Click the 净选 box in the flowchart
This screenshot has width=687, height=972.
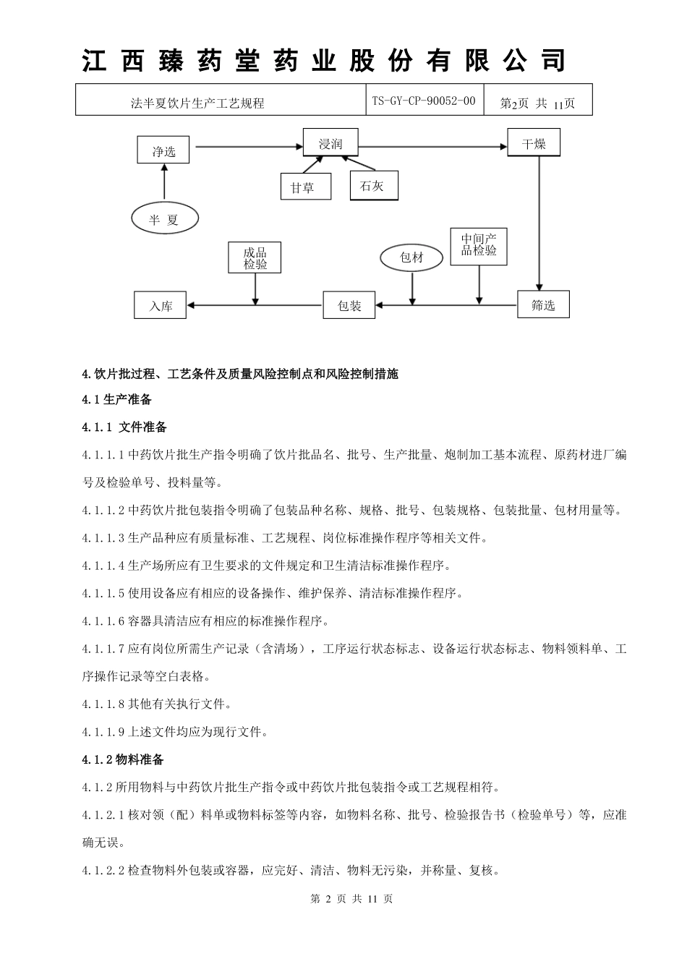point(163,150)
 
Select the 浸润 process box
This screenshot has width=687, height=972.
point(330,143)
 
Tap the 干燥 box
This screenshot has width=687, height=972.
point(534,143)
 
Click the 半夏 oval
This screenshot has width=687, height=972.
point(165,218)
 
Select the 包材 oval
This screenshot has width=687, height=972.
point(411,257)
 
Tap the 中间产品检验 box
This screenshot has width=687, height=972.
point(479,246)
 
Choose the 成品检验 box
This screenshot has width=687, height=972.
point(255,257)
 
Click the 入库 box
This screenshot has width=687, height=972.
point(161,305)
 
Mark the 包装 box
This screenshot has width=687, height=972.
point(350,305)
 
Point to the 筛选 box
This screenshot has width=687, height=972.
point(543,304)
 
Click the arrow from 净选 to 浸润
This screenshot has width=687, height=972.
point(249,147)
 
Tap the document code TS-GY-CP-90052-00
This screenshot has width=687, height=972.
point(424,101)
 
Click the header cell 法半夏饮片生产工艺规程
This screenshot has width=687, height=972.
point(197,103)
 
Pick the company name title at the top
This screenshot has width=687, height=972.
point(323,61)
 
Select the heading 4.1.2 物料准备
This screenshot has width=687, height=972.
point(123,759)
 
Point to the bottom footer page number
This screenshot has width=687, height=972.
point(351,899)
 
